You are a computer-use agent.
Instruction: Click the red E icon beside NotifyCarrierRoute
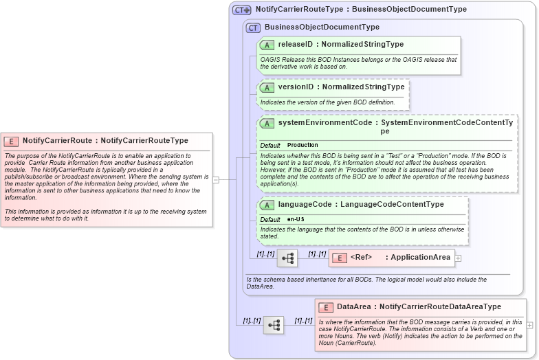12,141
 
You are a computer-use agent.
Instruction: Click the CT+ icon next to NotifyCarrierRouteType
241,10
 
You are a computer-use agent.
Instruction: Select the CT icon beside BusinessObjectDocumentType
253,27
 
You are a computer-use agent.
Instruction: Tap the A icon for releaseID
267,45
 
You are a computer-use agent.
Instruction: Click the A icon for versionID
267,88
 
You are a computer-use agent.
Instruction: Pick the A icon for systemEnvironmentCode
267,123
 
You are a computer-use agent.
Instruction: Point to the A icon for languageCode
267,205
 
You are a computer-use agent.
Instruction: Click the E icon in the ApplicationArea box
339,258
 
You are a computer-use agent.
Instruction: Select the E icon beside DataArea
326,307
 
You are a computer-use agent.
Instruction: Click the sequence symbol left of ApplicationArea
287,258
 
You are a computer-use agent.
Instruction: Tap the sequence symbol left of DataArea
274,325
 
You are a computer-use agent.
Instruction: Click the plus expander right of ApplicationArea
458,258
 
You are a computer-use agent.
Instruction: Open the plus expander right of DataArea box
529,325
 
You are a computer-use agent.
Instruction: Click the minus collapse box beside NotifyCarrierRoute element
216,180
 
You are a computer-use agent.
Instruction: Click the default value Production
302,145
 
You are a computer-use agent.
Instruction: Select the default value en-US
296,219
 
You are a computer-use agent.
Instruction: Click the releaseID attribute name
295,45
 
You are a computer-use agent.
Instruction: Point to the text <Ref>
361,258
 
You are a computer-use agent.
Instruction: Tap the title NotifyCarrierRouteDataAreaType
440,307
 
